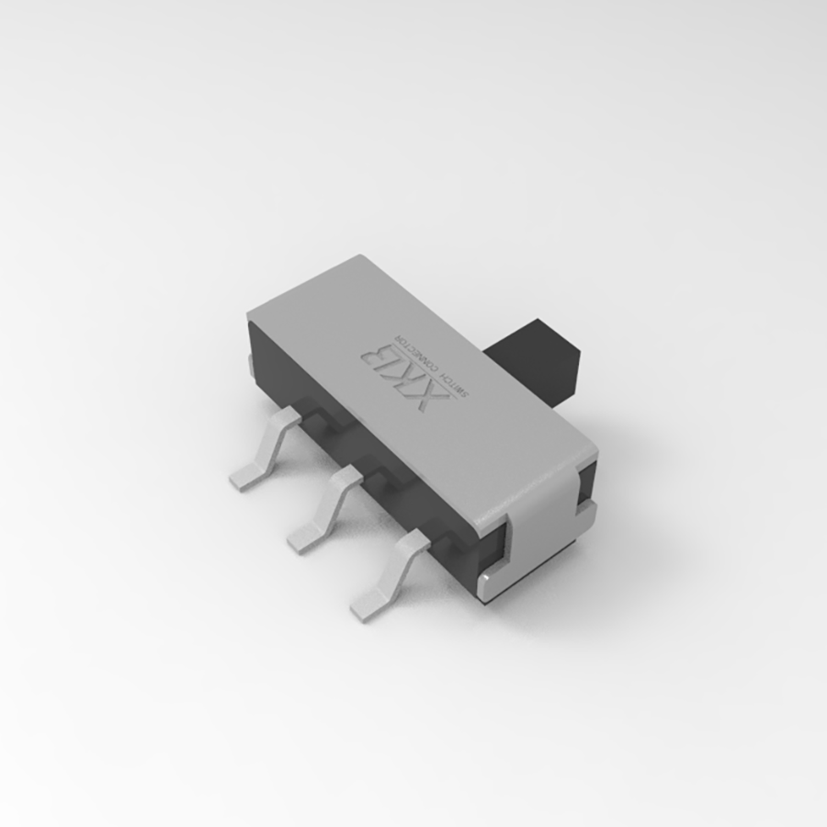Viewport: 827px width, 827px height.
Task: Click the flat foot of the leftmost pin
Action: pyautogui.click(x=244, y=479)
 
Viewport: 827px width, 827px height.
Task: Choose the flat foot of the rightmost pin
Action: pyautogui.click(x=368, y=603)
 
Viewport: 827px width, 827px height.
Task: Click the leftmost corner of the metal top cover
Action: pyautogui.click(x=251, y=316)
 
